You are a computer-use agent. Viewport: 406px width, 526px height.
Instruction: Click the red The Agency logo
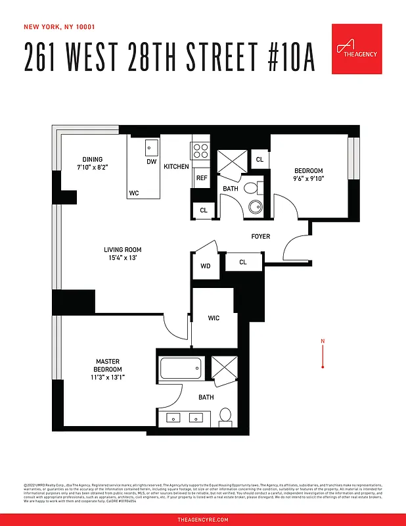coord(357,49)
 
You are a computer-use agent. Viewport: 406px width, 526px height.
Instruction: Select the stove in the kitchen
coord(200,151)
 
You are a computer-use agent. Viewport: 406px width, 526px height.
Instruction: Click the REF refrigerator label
coord(201,178)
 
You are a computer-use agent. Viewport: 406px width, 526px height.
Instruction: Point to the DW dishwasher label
coord(151,162)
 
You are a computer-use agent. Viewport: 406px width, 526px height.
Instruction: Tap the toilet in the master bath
coord(225,415)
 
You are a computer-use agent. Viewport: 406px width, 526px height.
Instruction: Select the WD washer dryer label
coord(205,266)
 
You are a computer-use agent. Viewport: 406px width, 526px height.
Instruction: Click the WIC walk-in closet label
coord(214,318)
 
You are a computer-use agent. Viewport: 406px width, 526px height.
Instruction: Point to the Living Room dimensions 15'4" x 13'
coord(123,258)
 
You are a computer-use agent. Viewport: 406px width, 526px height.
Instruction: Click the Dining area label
coord(92,159)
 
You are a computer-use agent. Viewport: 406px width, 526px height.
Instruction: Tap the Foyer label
coord(260,236)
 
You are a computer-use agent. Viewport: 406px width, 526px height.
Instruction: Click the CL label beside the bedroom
coord(259,159)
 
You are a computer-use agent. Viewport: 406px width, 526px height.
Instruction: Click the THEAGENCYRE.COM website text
coord(203,519)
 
